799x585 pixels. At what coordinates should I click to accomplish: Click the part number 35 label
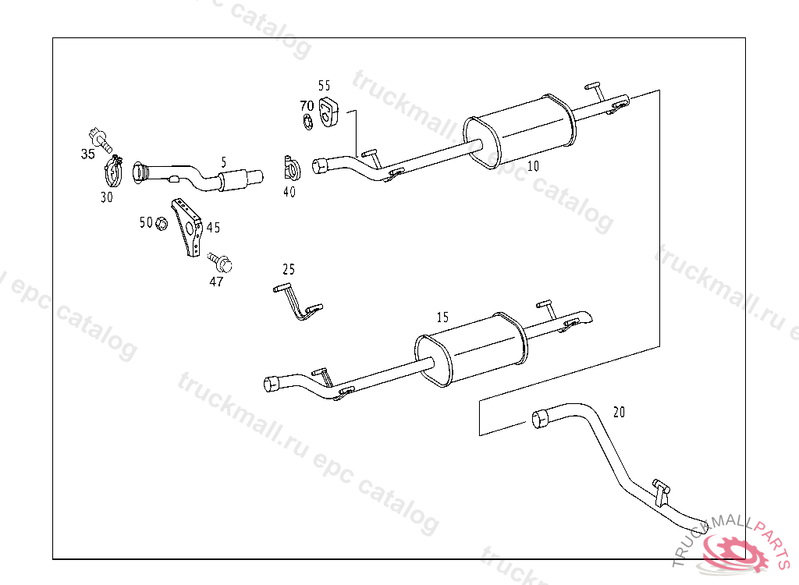pyautogui.click(x=87, y=154)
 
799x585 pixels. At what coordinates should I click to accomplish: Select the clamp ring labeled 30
pyautogui.click(x=115, y=171)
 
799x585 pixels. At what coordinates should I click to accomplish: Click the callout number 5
pyautogui.click(x=223, y=162)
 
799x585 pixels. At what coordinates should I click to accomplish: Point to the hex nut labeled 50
pyautogui.click(x=162, y=224)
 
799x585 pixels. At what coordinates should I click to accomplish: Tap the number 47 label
pyautogui.click(x=216, y=282)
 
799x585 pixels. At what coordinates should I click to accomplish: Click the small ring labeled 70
pyautogui.click(x=307, y=121)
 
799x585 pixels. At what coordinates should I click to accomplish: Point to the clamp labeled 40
pyautogui.click(x=291, y=167)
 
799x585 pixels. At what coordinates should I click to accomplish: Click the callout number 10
pyautogui.click(x=533, y=165)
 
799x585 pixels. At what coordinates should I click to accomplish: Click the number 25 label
pyautogui.click(x=289, y=269)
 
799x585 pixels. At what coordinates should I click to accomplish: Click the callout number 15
pyautogui.click(x=442, y=317)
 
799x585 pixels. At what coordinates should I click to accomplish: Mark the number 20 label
pyautogui.click(x=619, y=412)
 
